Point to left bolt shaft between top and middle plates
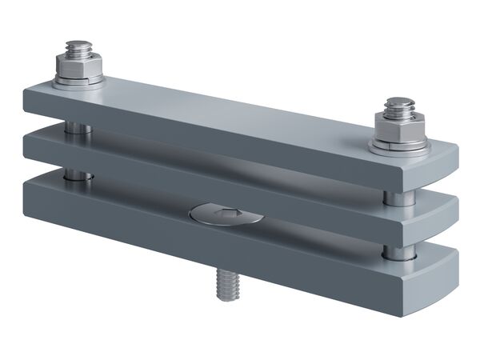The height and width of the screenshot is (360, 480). [x=74, y=126]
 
